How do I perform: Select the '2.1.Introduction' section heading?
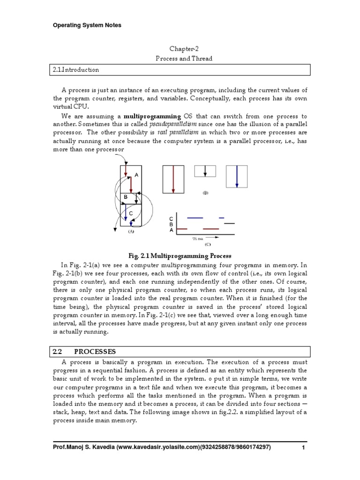(76, 70)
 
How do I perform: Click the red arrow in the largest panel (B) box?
(173, 179)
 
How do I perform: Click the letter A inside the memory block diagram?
(136, 174)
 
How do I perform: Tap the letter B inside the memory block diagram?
(126, 197)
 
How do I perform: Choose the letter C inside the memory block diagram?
(131, 213)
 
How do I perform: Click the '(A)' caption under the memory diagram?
(131, 231)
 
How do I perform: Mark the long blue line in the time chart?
(195, 218)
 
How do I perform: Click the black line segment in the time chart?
(229, 224)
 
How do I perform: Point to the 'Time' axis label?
(198, 239)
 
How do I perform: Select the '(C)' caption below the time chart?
(207, 244)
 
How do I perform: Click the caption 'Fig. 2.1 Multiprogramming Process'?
(180, 256)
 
